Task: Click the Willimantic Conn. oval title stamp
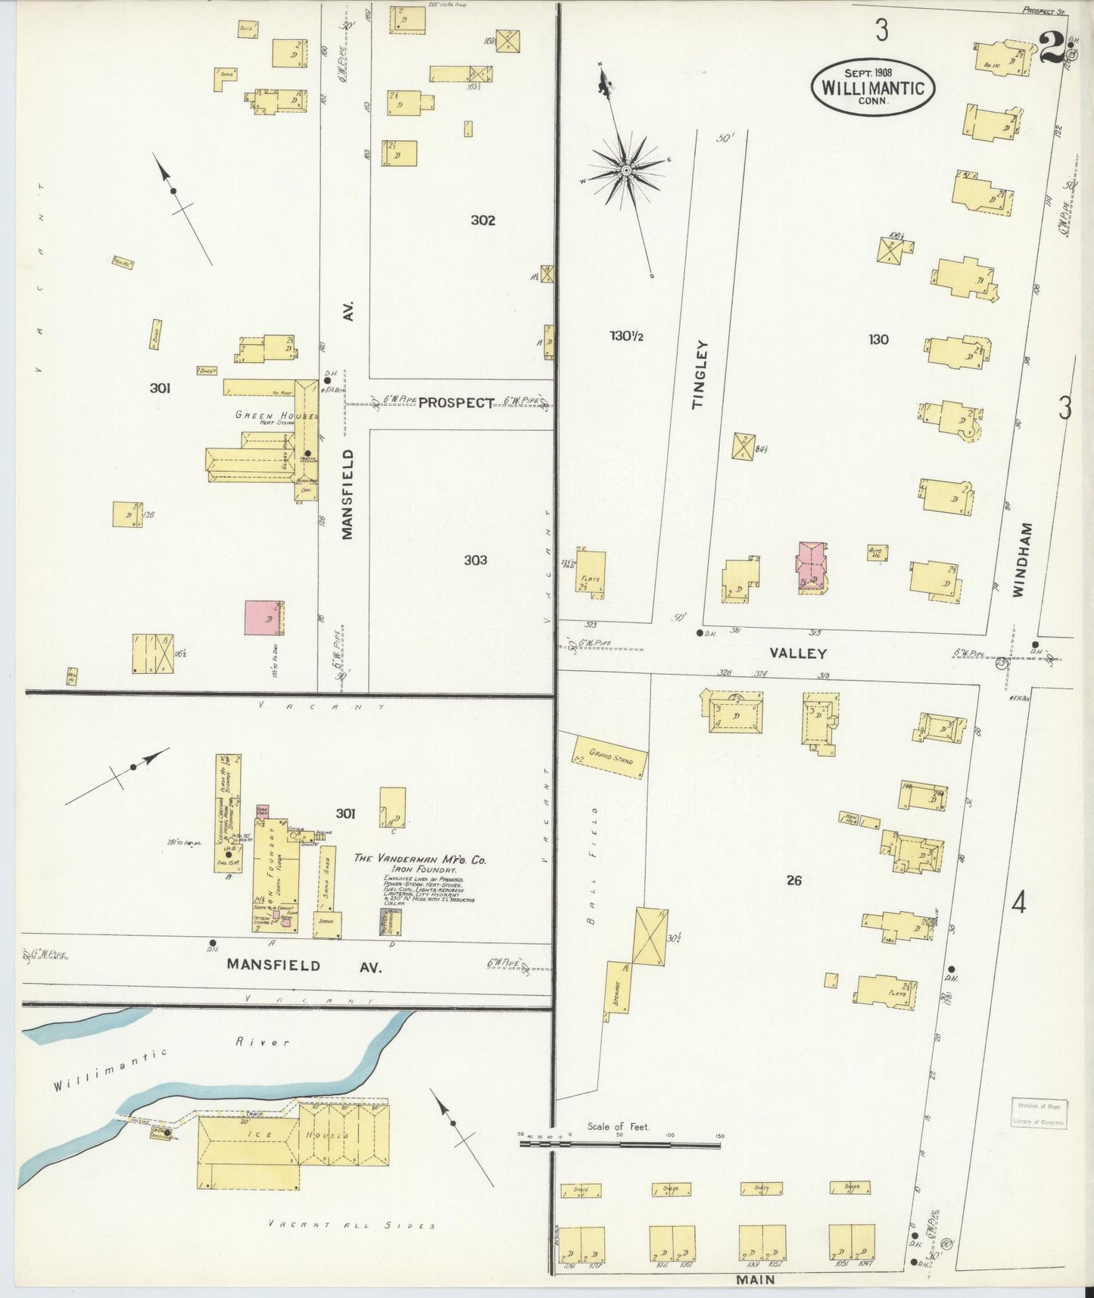[873, 87]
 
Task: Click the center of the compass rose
[626, 170]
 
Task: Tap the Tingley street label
[699, 375]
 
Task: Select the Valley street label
[798, 653]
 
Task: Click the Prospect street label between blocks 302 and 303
[456, 403]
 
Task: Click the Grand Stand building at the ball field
[610, 756]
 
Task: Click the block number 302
[483, 220]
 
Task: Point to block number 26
[793, 880]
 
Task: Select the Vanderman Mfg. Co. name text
[420, 860]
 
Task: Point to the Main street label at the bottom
[755, 1279]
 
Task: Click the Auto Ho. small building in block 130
[877, 553]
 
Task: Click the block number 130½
[626, 336]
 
